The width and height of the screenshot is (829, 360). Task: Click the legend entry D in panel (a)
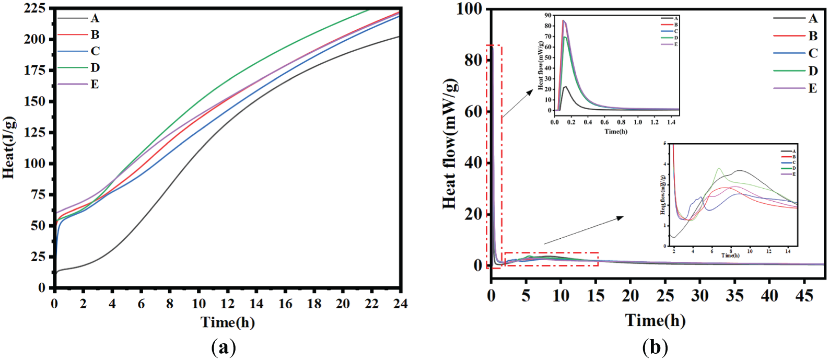pos(95,68)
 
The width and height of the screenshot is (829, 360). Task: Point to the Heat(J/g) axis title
pos(9,148)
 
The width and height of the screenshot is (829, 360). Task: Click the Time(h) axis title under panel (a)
pos(228,322)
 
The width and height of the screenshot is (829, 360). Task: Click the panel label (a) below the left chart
pos(224,347)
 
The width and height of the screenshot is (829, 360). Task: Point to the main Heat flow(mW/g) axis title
pos(450,144)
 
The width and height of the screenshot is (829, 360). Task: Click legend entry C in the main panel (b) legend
pos(813,53)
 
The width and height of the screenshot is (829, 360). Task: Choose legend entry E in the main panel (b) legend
pos(813,88)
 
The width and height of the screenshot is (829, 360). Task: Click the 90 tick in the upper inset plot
pos(548,16)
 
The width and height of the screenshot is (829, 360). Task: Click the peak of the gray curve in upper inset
pos(566,87)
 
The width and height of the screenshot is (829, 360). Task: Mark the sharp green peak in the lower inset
pos(719,168)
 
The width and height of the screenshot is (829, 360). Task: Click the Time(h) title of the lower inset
pos(730,256)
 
